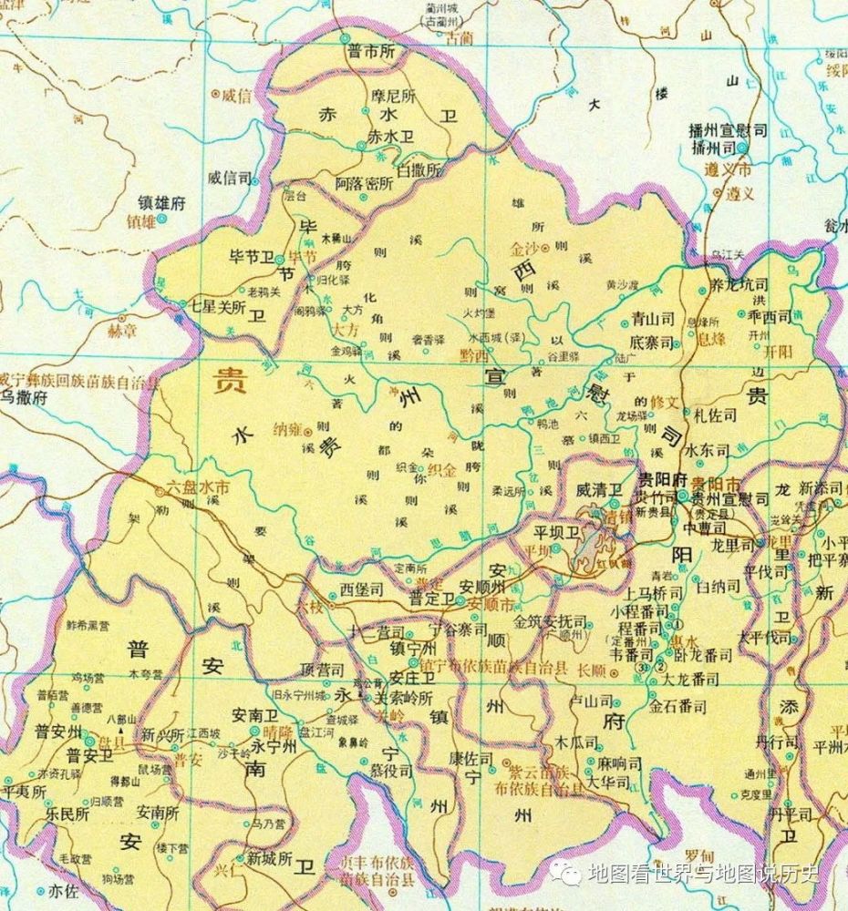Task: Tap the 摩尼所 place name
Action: [x=392, y=95]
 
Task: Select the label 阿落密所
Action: [x=364, y=182]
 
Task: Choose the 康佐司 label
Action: [x=471, y=758]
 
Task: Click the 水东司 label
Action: [x=708, y=450]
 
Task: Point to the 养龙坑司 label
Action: [x=739, y=285]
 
